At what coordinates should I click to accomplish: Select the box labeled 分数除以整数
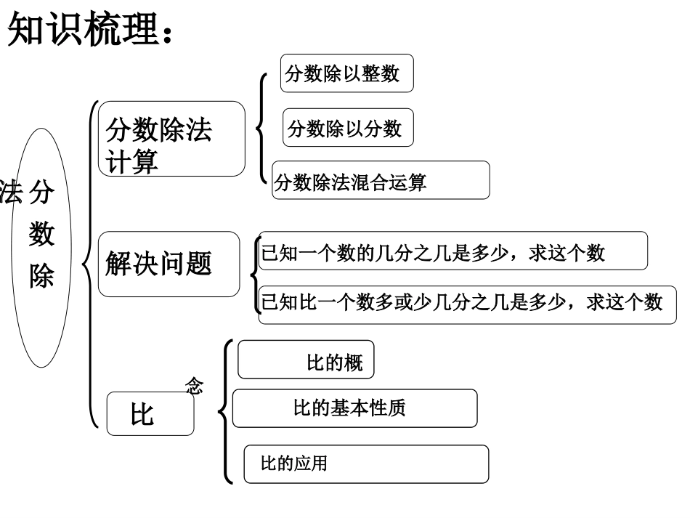point(346,73)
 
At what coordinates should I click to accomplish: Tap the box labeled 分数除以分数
point(347,129)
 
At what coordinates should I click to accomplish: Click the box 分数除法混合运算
point(381,181)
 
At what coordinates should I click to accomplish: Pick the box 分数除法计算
point(171,139)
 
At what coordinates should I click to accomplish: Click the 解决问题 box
point(169,264)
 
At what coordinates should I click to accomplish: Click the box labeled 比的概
point(306,360)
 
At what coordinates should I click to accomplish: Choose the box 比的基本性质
point(354,408)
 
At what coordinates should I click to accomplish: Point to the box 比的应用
point(365,464)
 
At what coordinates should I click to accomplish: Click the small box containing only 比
point(150,415)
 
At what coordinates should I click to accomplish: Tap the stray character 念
point(194,387)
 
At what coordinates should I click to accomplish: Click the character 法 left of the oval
point(10,193)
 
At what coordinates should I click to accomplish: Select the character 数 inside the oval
point(41,235)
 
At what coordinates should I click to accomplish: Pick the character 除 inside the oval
point(41,276)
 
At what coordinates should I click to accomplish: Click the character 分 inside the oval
point(41,193)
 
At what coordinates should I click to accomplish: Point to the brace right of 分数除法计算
point(261,127)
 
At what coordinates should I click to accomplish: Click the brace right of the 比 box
point(225,412)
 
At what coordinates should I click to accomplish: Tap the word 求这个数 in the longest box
point(624,303)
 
